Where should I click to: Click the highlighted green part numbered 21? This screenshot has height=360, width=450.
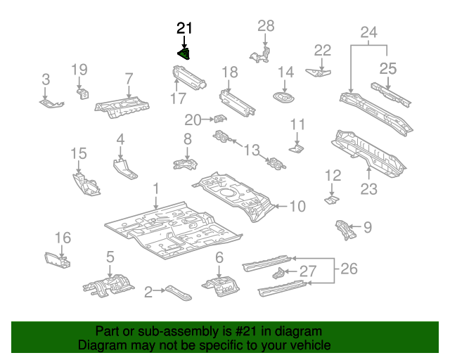[184, 53]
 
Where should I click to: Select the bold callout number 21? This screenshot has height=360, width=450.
[184, 28]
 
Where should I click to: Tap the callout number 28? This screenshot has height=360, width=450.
[265, 26]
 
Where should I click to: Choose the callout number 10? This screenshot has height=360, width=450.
[297, 206]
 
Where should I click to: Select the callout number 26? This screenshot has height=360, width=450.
[349, 268]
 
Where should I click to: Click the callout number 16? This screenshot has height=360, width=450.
[63, 237]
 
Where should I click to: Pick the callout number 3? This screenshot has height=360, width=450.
[45, 79]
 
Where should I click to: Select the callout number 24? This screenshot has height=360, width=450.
[368, 32]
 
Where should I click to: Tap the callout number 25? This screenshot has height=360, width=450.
[388, 68]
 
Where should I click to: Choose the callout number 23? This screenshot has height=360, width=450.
[368, 188]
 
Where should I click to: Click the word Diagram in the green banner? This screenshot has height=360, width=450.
[98, 346]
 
